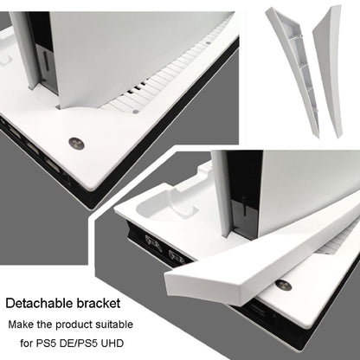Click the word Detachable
click(39, 303)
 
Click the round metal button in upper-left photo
click(76, 144)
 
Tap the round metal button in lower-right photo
click(283, 286)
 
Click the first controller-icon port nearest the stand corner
click(154, 244)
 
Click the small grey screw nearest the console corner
click(135, 112)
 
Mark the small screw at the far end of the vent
click(209, 42)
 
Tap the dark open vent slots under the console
click(136, 87)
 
